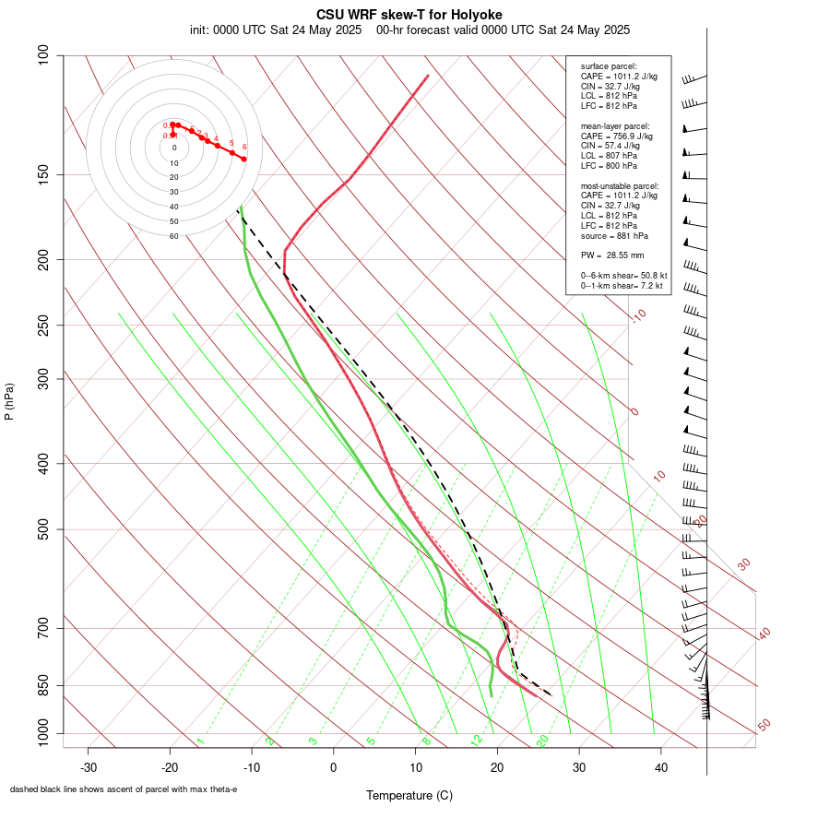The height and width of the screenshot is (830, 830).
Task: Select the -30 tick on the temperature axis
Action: [x=89, y=766]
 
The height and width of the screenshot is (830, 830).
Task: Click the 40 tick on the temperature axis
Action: [x=660, y=766]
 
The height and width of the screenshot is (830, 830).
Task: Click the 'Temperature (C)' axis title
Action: [x=409, y=795]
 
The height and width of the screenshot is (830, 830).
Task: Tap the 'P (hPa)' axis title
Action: [x=9, y=402]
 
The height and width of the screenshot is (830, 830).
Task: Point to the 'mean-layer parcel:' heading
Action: [x=615, y=125]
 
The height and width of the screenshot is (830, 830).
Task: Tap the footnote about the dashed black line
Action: [x=124, y=789]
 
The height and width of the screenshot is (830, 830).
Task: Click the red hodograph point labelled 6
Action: [x=243, y=159]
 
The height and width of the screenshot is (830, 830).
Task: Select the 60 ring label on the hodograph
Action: [x=174, y=236]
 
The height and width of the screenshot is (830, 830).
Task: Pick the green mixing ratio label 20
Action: [x=543, y=741]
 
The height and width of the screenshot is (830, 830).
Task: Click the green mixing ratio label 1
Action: [x=200, y=741]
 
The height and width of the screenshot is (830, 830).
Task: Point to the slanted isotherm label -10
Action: [x=638, y=316]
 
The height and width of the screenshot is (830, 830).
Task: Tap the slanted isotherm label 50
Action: [x=765, y=726]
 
